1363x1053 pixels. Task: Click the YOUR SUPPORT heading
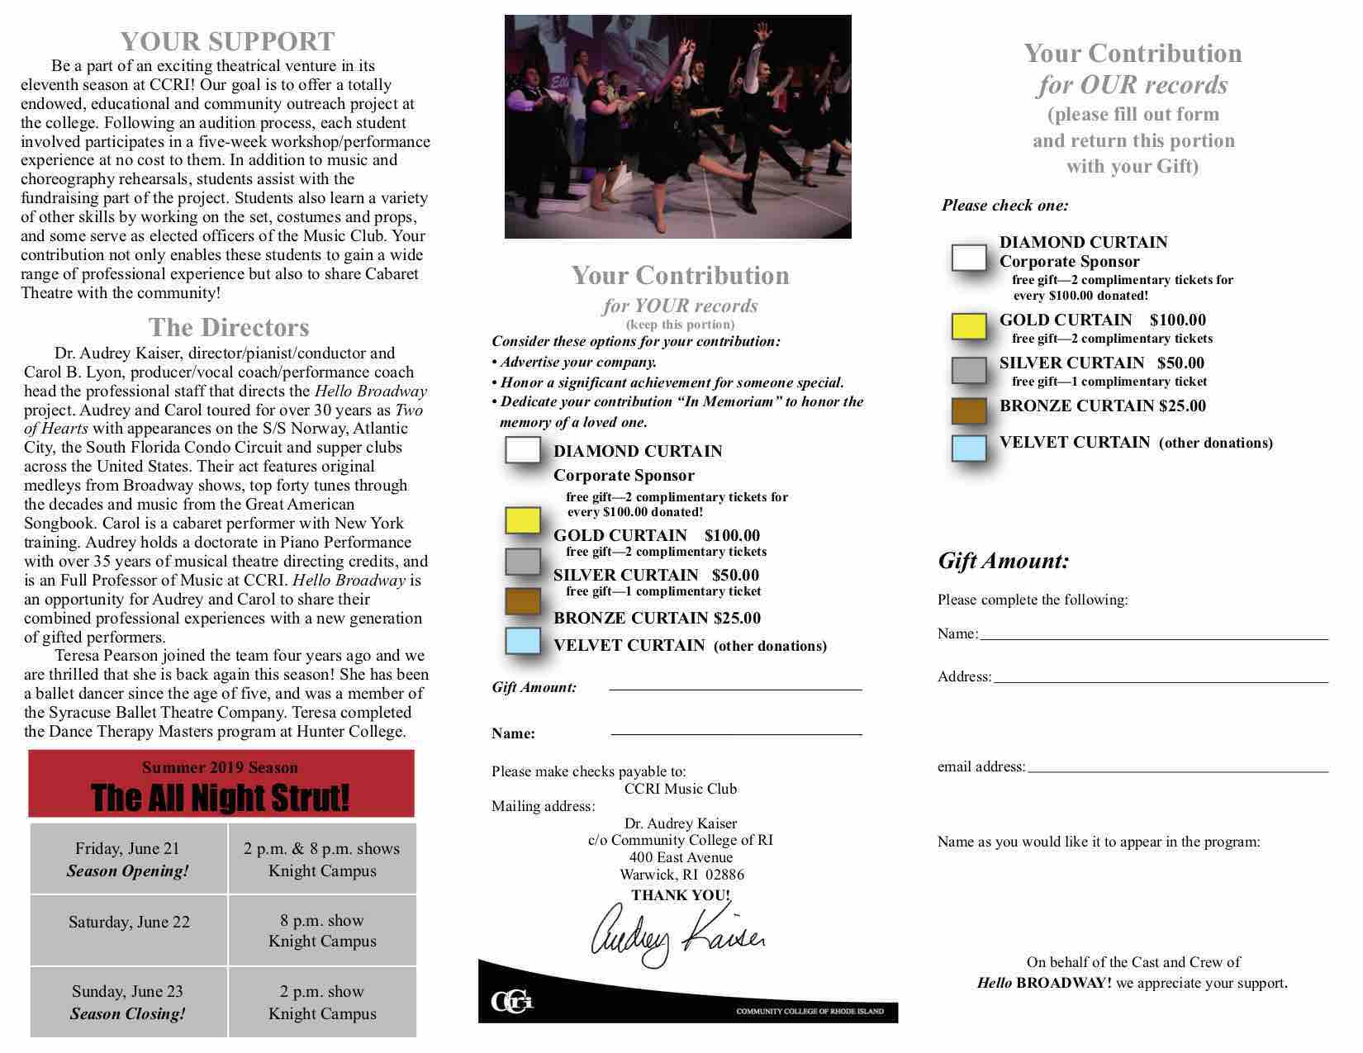pyautogui.click(x=227, y=41)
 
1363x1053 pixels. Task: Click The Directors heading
pyautogui.click(x=229, y=327)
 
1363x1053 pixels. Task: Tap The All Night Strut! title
pyautogui.click(x=221, y=798)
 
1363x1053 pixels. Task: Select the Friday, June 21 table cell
pyautogui.click(x=128, y=859)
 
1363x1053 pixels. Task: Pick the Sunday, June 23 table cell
pyautogui.click(x=128, y=1002)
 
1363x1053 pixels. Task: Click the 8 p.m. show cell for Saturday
pyautogui.click(x=322, y=930)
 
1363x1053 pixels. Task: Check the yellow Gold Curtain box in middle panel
pyautogui.click(x=522, y=520)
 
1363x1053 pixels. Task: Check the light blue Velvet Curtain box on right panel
pyautogui.click(x=969, y=448)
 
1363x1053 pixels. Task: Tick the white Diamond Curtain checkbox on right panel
pyautogui.click(x=969, y=258)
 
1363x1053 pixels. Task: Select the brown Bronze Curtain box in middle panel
pyautogui.click(x=522, y=600)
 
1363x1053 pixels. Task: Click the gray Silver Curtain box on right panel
pyautogui.click(x=969, y=370)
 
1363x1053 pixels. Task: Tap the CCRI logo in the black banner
pyautogui.click(x=512, y=1002)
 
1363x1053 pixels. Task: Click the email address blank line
pyautogui.click(x=1177, y=769)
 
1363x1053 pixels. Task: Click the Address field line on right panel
pyautogui.click(x=1160, y=680)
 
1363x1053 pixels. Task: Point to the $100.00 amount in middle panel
pyautogui.click(x=732, y=535)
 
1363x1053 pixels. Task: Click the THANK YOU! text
pyautogui.click(x=681, y=894)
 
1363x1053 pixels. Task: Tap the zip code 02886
pyautogui.click(x=724, y=874)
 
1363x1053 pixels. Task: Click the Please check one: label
pyautogui.click(x=1004, y=205)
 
